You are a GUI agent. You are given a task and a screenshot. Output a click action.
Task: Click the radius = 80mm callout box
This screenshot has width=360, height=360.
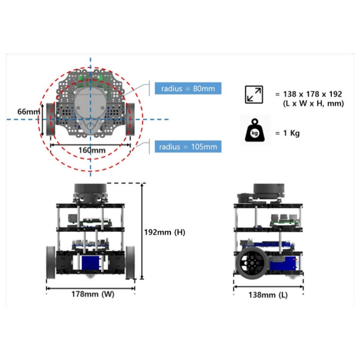(188, 88)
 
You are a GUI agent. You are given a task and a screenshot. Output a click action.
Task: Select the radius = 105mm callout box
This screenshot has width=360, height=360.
(188, 146)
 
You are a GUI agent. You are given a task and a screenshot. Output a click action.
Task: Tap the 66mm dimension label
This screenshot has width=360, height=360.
(29, 112)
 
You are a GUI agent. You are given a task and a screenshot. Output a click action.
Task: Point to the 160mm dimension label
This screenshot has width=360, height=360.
(92, 150)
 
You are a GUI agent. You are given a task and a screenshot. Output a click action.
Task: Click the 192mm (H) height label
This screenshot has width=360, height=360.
(165, 232)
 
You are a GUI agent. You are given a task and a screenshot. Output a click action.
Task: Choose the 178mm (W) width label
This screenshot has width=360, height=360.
(93, 294)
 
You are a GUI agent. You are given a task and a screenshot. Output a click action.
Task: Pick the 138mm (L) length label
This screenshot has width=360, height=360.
(268, 295)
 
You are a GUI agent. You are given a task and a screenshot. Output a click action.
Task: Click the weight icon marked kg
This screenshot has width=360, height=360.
(254, 130)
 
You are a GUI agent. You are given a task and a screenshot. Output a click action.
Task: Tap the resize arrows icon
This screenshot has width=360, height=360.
(254, 95)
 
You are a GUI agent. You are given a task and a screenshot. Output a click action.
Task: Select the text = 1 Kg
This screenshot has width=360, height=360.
(288, 133)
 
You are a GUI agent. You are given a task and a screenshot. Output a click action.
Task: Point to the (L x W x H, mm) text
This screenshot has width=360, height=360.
(313, 104)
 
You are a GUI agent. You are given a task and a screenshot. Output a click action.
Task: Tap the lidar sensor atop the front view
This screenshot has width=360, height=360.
(90, 193)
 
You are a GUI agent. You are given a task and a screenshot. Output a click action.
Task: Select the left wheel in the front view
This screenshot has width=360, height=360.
(51, 263)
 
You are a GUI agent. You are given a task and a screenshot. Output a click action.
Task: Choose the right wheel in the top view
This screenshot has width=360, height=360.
(131, 119)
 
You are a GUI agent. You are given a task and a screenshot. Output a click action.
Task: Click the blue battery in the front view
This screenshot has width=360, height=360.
(90, 263)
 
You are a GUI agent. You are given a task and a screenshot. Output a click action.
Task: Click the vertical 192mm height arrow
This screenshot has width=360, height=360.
(142, 231)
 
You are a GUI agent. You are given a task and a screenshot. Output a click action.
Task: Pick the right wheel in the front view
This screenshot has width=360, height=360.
(130, 263)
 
